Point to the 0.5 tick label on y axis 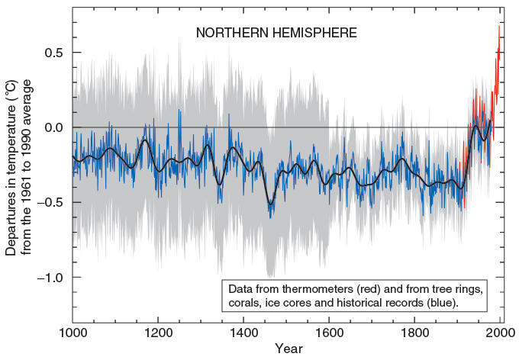coord(51,53)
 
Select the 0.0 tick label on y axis coord(51,127)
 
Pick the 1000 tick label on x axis coord(73,333)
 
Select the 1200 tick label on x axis coord(158,333)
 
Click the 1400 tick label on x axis coord(243,333)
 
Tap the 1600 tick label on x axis coord(329,333)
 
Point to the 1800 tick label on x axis coord(414,333)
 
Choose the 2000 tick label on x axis coord(500,333)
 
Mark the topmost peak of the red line coord(499,25)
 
